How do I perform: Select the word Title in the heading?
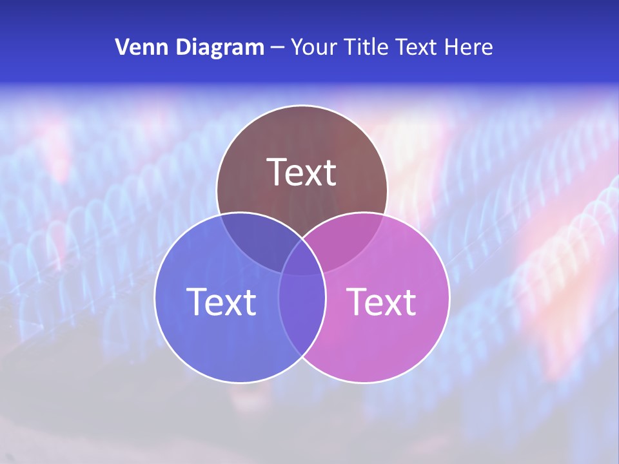(x=364, y=47)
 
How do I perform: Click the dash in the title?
(x=277, y=48)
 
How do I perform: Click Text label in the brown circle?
(x=302, y=172)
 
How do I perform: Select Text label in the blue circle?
(x=221, y=302)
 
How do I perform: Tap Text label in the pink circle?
(x=382, y=302)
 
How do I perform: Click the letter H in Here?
(x=455, y=47)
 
